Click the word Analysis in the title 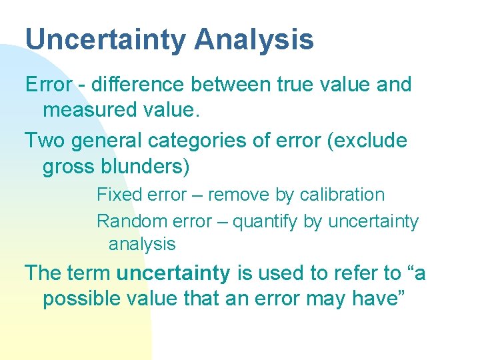tap(254, 40)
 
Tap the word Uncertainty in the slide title tap(106, 40)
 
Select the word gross tap(67, 166)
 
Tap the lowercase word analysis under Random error tap(142, 244)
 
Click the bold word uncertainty tap(173, 273)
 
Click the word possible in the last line tap(82, 298)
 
